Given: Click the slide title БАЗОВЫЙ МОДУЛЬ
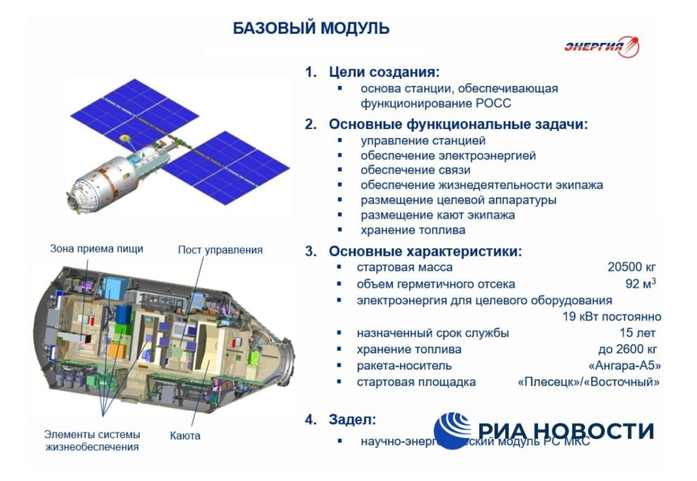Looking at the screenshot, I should (x=311, y=28).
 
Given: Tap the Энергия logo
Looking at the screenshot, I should (x=601, y=47).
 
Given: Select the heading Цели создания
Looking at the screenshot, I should (x=384, y=73).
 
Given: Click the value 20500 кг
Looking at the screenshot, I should (x=631, y=267).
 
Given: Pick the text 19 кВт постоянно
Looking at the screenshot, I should (x=612, y=317).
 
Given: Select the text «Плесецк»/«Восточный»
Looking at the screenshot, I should (x=588, y=382).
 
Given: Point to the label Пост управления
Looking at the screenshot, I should (x=220, y=250).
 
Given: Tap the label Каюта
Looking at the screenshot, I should (x=185, y=435).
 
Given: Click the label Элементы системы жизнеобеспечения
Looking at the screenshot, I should (x=92, y=440).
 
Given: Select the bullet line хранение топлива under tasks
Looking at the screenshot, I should (x=412, y=230).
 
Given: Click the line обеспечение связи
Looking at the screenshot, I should (x=415, y=170).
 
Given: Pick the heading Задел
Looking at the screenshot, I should (x=353, y=419).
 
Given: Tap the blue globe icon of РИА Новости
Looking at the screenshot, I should (x=452, y=429).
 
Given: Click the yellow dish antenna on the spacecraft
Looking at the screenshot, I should (x=124, y=138).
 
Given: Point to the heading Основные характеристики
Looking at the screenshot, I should (x=425, y=252).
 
